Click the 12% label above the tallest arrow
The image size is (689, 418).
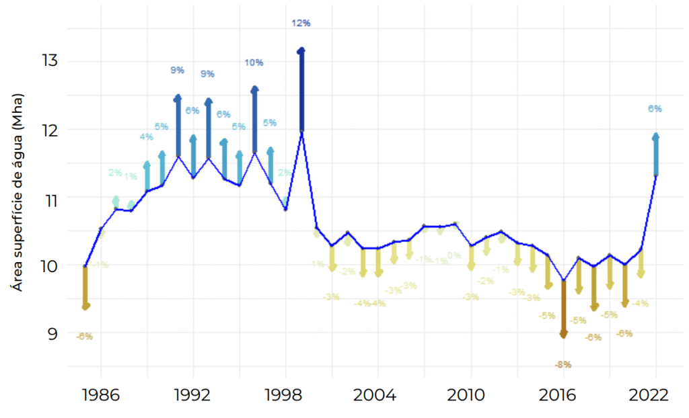point(301,24)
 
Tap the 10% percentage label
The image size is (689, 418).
point(254,62)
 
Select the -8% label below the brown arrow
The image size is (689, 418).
point(563,365)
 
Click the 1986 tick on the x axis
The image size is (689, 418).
point(101,394)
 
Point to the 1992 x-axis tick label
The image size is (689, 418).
point(193,394)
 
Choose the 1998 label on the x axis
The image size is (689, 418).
point(285,394)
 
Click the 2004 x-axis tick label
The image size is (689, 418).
point(378,394)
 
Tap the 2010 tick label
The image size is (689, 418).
point(470,394)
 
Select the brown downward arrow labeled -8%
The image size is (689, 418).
point(564,309)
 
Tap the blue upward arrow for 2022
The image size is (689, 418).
point(655,155)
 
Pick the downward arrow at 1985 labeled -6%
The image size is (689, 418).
point(85,288)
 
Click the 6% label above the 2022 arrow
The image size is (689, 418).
point(655,108)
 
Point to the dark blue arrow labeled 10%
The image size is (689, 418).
point(254,119)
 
